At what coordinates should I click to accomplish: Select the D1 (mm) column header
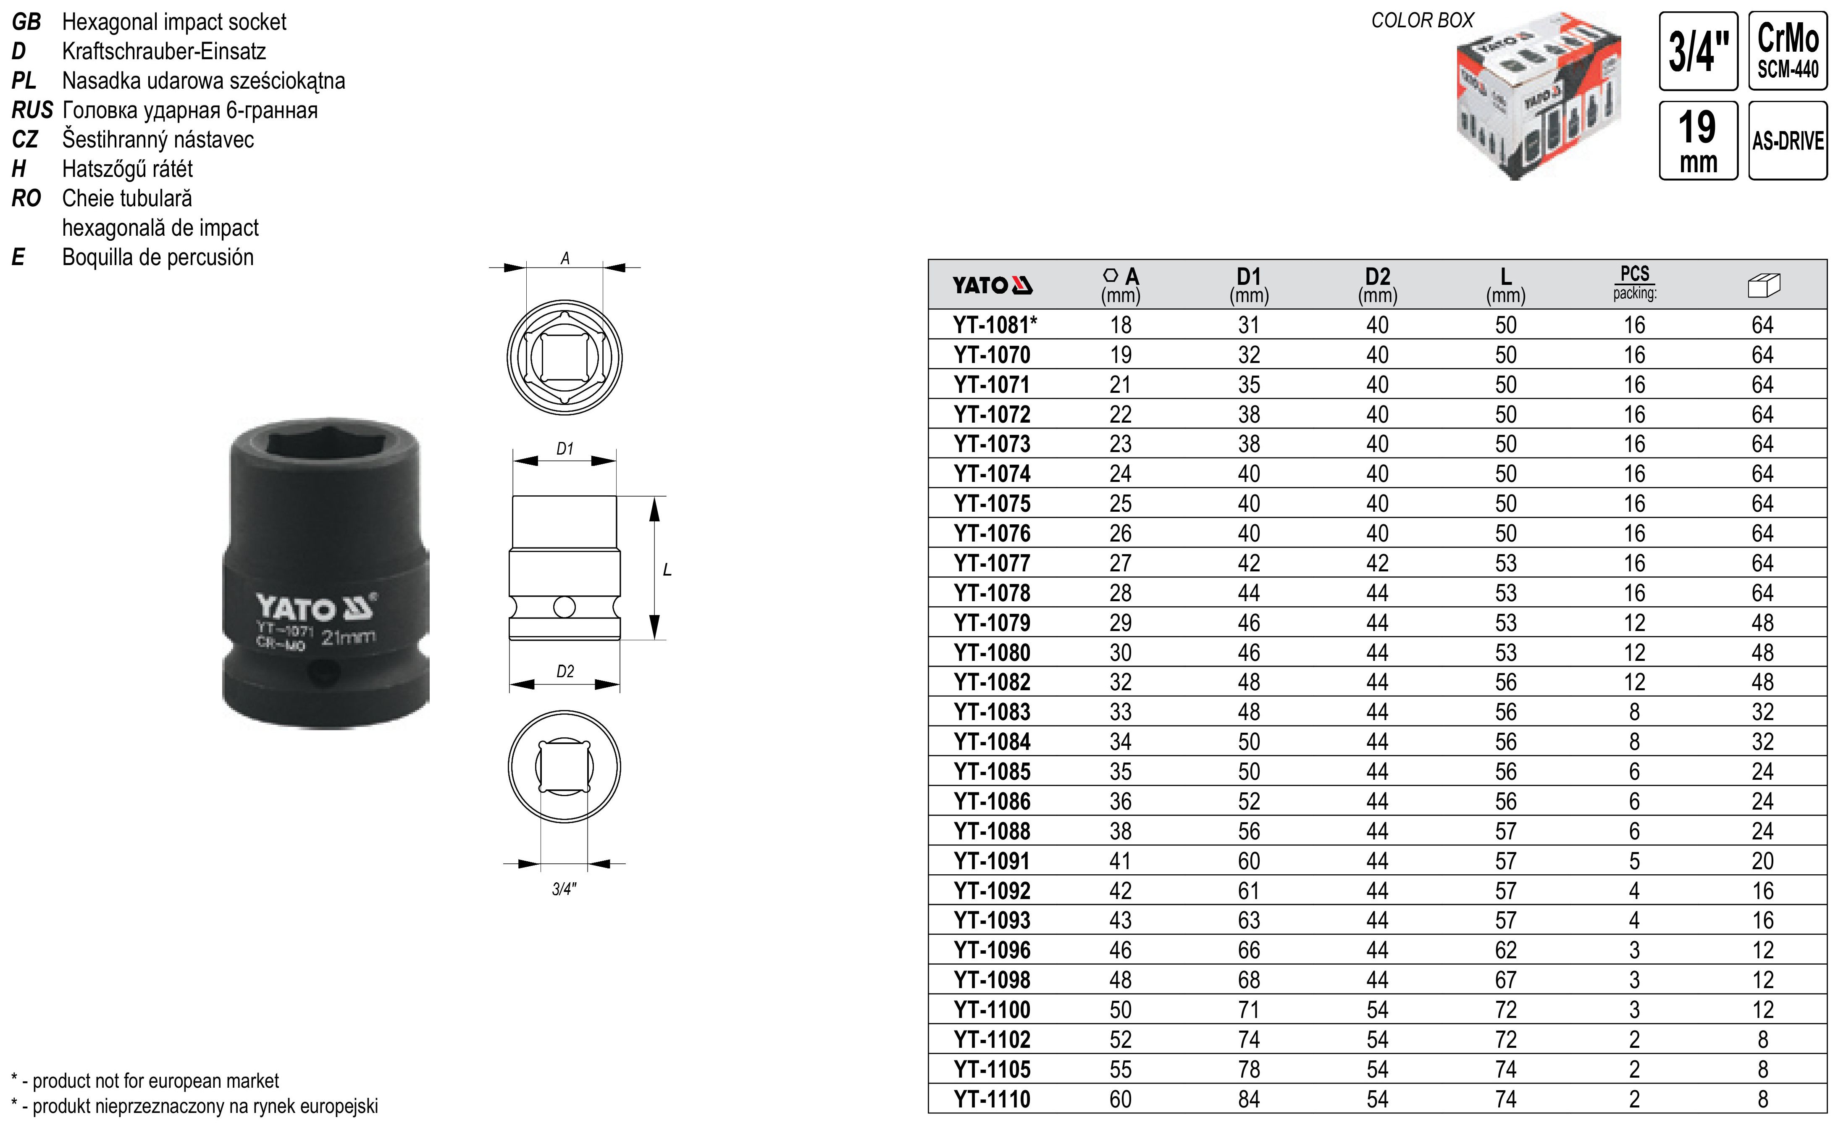click(1249, 285)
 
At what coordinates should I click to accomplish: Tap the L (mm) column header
click(1505, 285)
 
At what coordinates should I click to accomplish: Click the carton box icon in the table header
click(1763, 285)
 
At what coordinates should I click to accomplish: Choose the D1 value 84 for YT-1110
click(1249, 1099)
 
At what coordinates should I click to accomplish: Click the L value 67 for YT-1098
click(1505, 980)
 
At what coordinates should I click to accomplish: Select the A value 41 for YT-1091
click(1121, 861)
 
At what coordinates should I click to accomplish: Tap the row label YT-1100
click(992, 1010)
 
